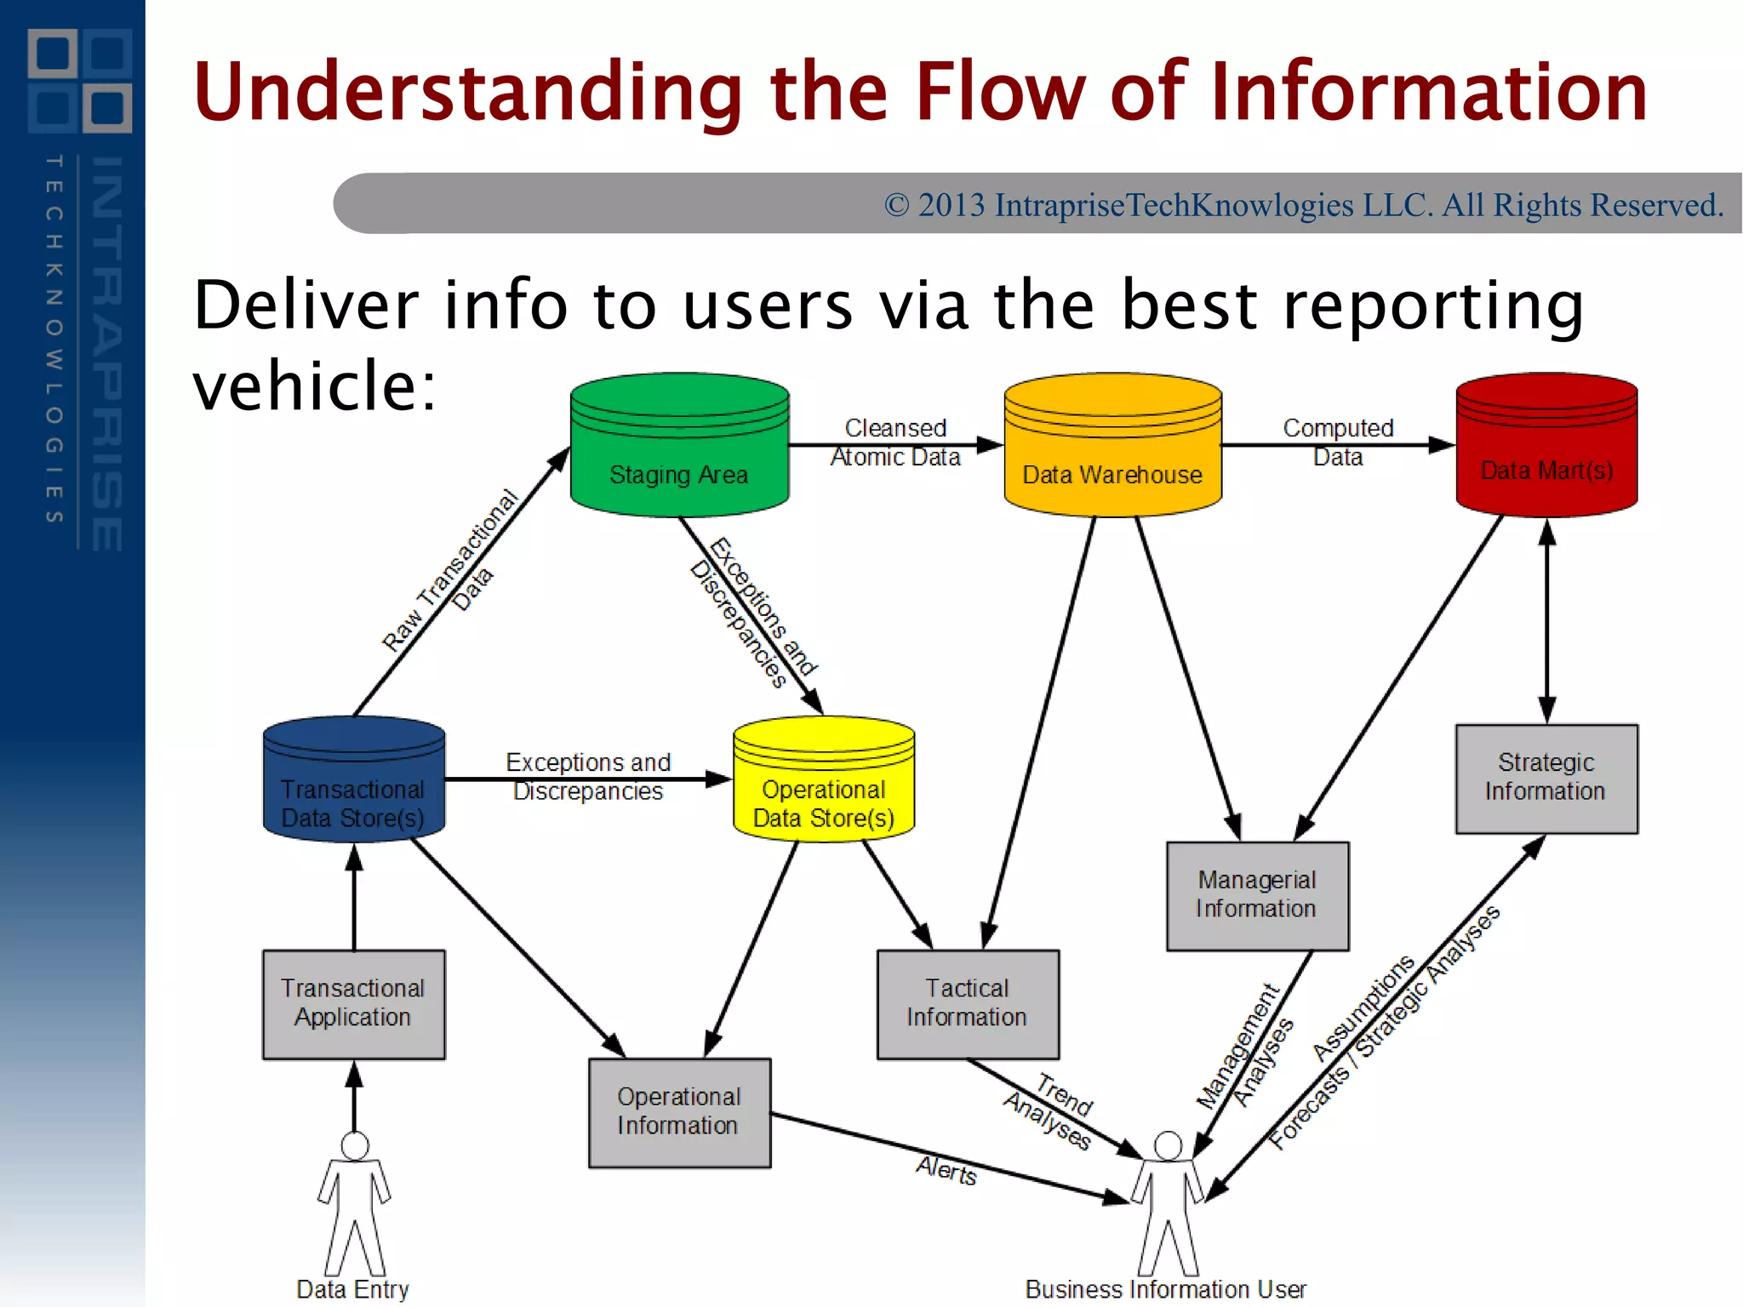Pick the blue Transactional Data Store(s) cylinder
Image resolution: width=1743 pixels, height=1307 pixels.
(x=353, y=780)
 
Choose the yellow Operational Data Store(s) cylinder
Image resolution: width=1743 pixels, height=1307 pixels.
(x=823, y=780)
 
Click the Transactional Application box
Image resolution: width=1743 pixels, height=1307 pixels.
(x=353, y=1004)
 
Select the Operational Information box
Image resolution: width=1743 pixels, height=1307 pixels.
(x=679, y=1112)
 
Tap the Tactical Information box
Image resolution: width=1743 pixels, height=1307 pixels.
(x=968, y=1004)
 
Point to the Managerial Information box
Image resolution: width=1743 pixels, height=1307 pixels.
(x=1257, y=895)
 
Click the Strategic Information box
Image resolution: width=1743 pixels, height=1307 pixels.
(x=1546, y=778)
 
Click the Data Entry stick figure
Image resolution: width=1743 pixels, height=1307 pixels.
(x=354, y=1204)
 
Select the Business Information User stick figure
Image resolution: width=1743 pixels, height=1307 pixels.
(x=1168, y=1204)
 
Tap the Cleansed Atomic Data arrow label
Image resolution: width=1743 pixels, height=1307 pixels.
(x=895, y=442)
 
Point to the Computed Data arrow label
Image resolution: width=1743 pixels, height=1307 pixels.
(x=1338, y=442)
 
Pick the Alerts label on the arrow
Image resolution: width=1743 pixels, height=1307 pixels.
(x=946, y=1172)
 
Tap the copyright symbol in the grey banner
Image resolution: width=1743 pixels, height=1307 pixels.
(x=896, y=206)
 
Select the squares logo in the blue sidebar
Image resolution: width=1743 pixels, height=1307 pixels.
(x=80, y=81)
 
